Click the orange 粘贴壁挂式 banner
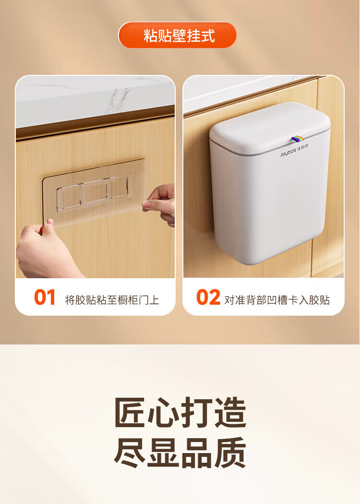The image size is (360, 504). point(177,35)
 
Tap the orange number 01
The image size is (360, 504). point(45,297)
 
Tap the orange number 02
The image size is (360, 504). point(208,297)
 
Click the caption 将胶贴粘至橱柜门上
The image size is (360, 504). point(112,300)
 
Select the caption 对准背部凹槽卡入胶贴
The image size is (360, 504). point(277,300)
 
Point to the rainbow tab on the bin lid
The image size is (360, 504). point(297,139)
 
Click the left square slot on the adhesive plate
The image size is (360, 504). point(70,197)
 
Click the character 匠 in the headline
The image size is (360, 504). point(130,412)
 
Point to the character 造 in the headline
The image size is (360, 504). point(230,412)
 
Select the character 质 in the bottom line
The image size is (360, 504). point(230,453)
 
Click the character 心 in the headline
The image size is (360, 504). point(164,412)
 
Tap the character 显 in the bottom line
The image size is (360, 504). point(164,453)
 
